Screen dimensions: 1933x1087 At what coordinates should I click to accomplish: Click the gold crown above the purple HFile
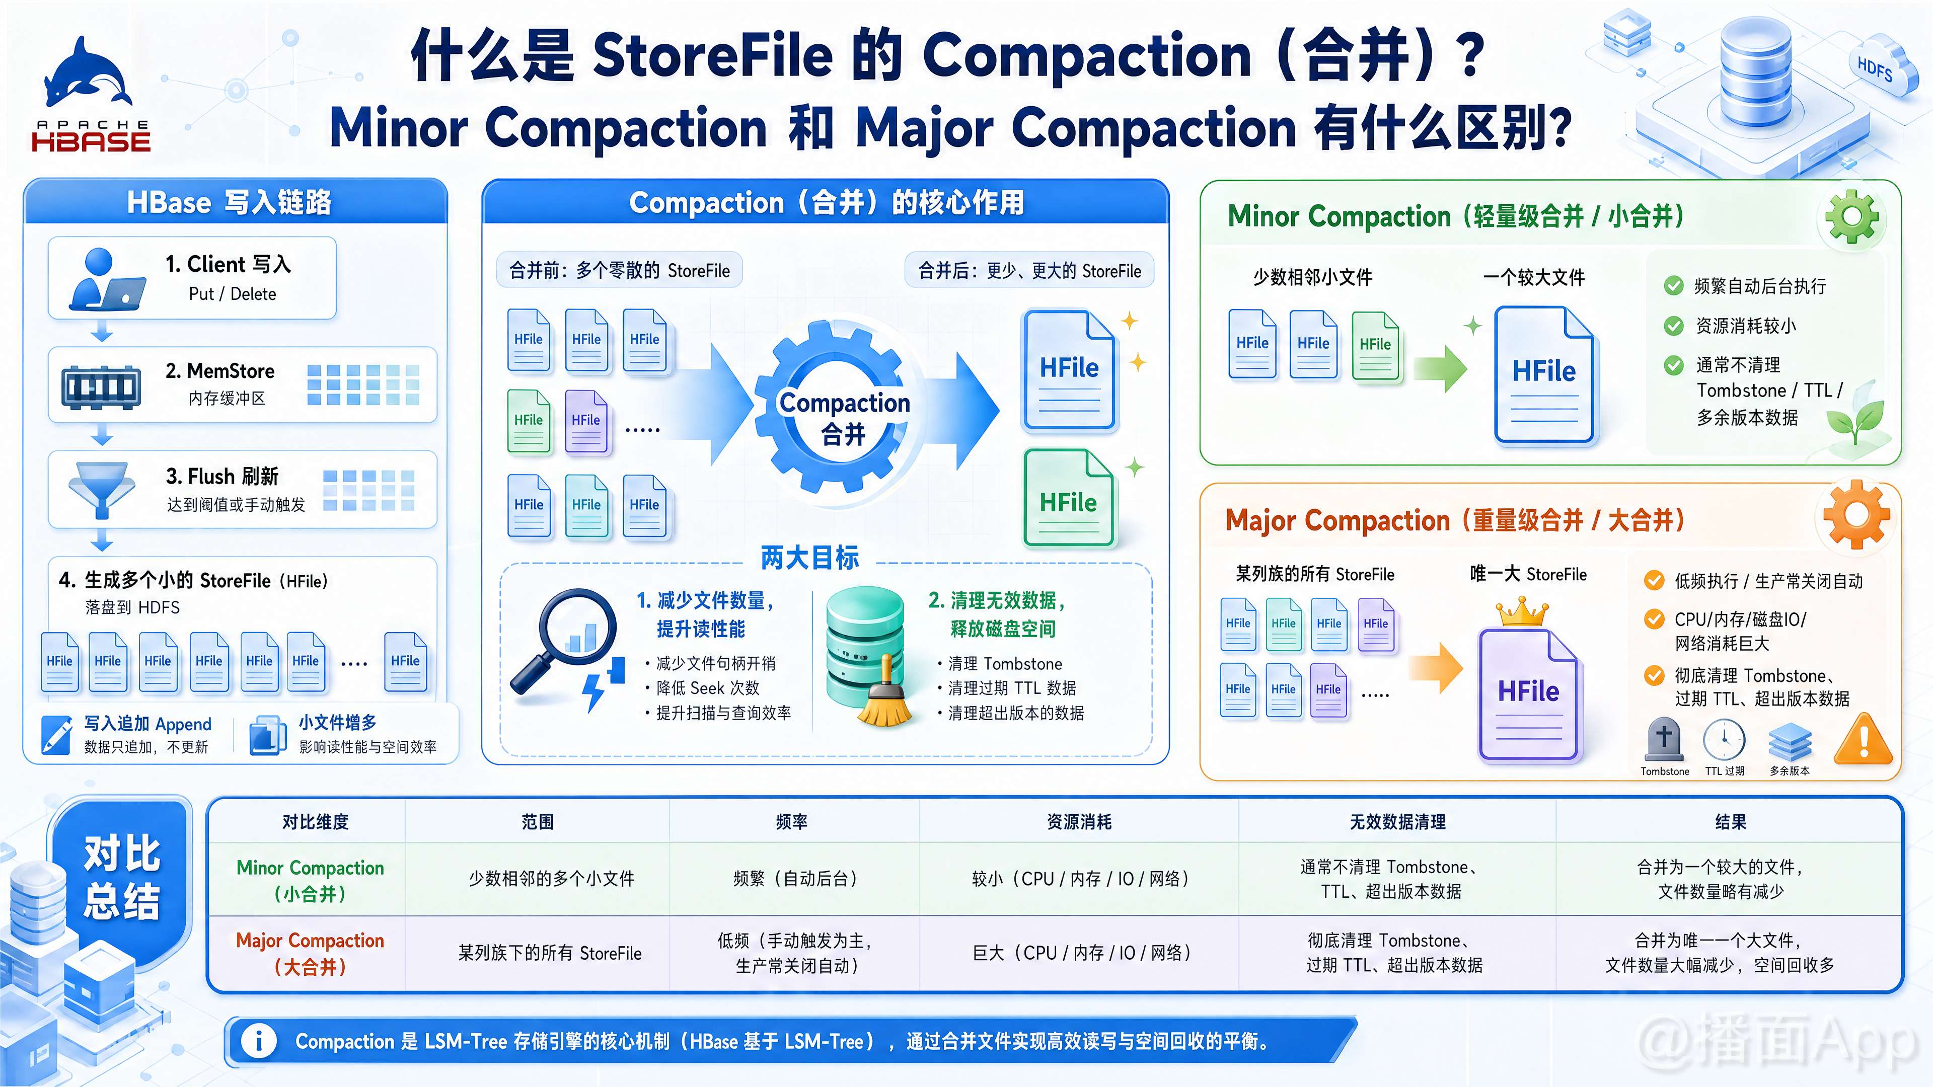[1522, 611]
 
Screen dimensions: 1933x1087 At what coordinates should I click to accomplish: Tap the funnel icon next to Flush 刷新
[101, 490]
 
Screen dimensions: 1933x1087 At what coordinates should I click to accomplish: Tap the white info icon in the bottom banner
[259, 1041]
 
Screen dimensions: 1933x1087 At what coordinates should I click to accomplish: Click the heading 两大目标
[809, 558]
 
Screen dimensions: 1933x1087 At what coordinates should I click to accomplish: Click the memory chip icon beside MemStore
[101, 387]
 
